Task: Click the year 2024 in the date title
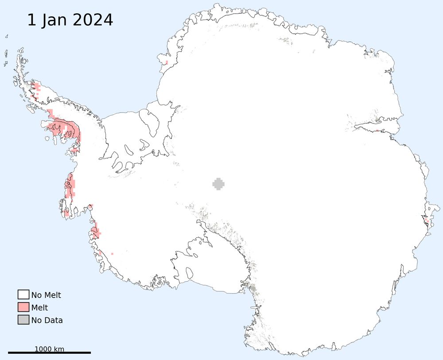(95, 20)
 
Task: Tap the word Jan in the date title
(57, 20)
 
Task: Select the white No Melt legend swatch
(23, 295)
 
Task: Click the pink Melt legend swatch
(23, 307)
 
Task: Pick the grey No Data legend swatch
(23, 320)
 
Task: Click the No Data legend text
(47, 320)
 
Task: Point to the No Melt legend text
(46, 295)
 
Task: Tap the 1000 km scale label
(49, 349)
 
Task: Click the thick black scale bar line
(49, 353)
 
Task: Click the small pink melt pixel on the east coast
(427, 220)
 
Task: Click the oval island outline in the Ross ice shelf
(190, 272)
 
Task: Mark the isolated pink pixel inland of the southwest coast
(112, 254)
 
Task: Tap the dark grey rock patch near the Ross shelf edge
(253, 289)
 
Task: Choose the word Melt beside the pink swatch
(39, 308)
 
